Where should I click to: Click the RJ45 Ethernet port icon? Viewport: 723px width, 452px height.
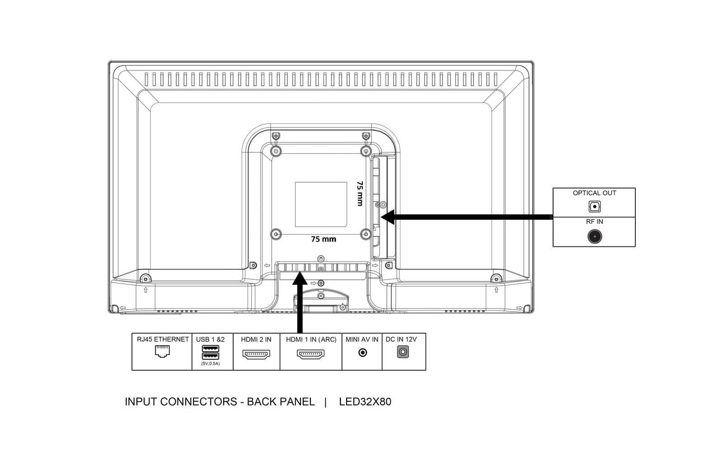click(162, 351)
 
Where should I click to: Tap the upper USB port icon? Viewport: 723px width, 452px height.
click(211, 348)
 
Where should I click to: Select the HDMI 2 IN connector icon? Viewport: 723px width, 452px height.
click(256, 354)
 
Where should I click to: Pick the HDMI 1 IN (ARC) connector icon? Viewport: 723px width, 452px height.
click(310, 354)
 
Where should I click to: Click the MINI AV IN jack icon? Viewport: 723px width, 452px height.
click(363, 353)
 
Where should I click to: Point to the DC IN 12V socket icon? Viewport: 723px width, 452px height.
click(403, 352)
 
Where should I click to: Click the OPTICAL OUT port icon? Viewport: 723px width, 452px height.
click(595, 207)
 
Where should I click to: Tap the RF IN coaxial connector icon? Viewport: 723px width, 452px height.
click(595, 237)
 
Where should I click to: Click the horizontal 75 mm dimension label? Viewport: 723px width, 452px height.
click(324, 239)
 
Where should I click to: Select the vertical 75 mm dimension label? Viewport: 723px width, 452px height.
click(360, 193)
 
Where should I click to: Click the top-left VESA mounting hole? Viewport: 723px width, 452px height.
click(276, 151)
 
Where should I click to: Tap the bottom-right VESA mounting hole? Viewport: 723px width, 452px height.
click(366, 234)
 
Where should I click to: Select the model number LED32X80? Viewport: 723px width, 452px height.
click(365, 402)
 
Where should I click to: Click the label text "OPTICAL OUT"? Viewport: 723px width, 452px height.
click(595, 193)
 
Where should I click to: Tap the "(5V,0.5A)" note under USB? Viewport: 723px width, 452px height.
click(211, 363)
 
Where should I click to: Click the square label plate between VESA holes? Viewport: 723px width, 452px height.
click(321, 204)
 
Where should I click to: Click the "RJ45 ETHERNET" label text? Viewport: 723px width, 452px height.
click(163, 339)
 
